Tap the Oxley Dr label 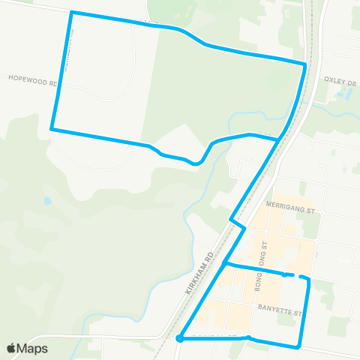[x=339, y=77]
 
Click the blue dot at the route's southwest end [x=180, y=339]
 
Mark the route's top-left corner [x=71, y=13]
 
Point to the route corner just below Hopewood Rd [x=52, y=129]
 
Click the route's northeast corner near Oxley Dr [x=304, y=65]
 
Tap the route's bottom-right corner [x=299, y=346]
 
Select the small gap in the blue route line [x=295, y=276]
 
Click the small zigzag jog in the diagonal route [x=238, y=223]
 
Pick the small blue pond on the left [x=47, y=201]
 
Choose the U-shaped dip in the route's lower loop [x=196, y=162]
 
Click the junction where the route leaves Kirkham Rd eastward [x=226, y=264]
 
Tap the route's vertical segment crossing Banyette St [x=304, y=311]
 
